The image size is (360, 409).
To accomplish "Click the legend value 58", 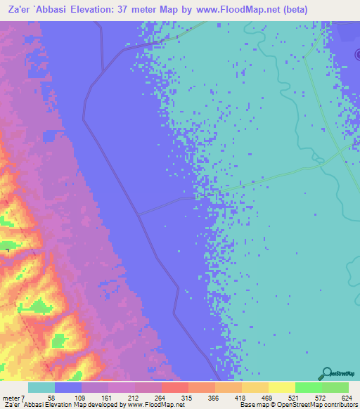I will [x=51, y=398].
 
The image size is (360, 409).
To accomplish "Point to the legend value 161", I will [x=108, y=398].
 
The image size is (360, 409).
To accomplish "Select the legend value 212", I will [x=134, y=398].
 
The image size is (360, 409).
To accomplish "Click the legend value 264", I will [x=161, y=398].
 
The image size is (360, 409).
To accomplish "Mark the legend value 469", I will [x=269, y=398].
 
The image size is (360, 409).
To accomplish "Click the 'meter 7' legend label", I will [x=12, y=398].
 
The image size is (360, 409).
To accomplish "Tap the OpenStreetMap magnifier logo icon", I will [x=326, y=373].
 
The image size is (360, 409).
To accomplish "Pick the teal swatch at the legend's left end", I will [x=41, y=388].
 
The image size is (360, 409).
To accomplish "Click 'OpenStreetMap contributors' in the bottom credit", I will [x=321, y=405].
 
